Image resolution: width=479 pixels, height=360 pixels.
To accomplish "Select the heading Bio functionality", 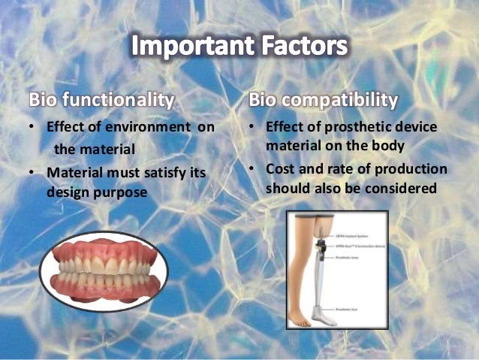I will (102, 98).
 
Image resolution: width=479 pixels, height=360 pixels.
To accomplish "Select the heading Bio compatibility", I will (324, 98).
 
